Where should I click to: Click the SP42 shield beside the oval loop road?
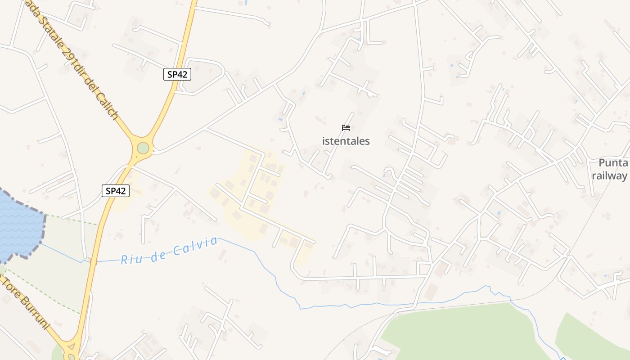tap(177, 75)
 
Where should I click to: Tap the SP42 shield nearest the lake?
tap(115, 191)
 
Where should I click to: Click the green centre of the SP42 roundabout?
tap(143, 148)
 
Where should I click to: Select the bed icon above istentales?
tap(346, 128)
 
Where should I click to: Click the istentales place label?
tap(346, 141)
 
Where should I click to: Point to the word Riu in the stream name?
tap(130, 259)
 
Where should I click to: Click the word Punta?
tap(613, 163)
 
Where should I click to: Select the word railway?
tap(609, 175)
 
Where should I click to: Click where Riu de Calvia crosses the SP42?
tap(93, 261)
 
